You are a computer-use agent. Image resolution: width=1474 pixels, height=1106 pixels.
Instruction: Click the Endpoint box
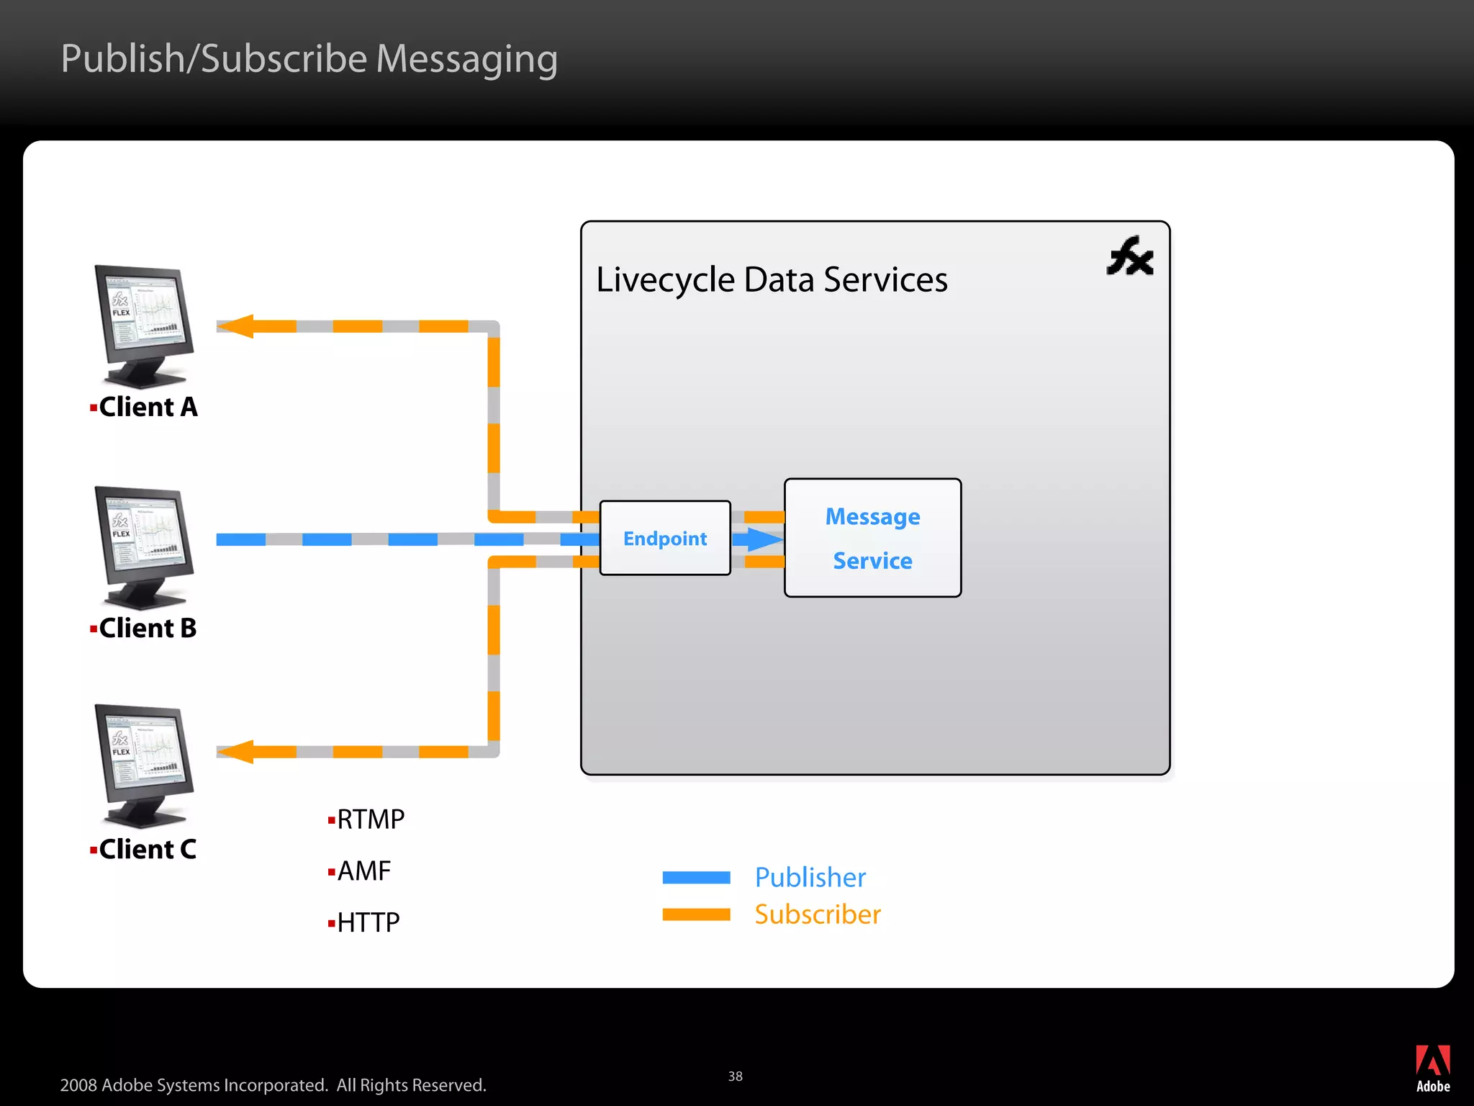pyautogui.click(x=665, y=538)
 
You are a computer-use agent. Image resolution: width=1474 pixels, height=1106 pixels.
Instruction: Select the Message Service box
pyautogui.click(x=872, y=538)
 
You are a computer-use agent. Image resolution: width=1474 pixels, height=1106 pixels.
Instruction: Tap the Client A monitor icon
pyautogui.click(x=144, y=325)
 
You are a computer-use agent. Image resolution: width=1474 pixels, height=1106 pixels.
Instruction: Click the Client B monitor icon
pyautogui.click(x=144, y=547)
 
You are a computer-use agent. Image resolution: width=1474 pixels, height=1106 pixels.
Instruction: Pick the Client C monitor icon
pyautogui.click(x=144, y=765)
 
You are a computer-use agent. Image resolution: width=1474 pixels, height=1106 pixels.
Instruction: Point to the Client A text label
pyautogui.click(x=148, y=407)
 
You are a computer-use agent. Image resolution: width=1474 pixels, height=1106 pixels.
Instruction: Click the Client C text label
pyautogui.click(x=147, y=849)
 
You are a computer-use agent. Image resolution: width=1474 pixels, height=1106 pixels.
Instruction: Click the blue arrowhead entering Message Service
pyautogui.click(x=764, y=539)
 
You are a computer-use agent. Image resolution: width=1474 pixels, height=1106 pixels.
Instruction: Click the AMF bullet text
pyautogui.click(x=363, y=871)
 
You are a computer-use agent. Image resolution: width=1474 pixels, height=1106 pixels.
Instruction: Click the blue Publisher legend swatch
pyautogui.click(x=696, y=877)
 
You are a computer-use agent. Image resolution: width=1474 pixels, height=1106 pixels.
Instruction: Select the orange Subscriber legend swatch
pyautogui.click(x=696, y=914)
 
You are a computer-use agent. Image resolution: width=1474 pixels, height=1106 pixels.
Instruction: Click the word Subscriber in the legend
pyautogui.click(x=818, y=914)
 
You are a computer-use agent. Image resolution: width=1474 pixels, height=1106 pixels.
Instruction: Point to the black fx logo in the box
pyautogui.click(x=1130, y=256)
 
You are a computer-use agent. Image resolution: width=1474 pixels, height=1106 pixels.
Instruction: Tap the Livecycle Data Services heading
pyautogui.click(x=772, y=279)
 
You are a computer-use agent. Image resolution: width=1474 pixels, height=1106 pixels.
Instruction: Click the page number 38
pyautogui.click(x=735, y=1076)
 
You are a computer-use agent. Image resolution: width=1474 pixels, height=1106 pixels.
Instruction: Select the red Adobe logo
pyautogui.click(x=1432, y=1061)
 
